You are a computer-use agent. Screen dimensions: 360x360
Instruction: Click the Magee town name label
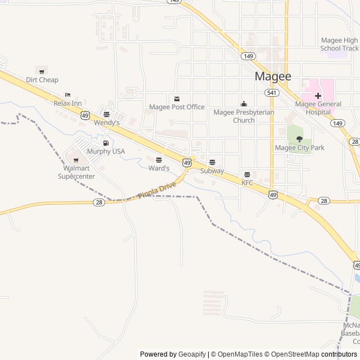[x=273, y=76]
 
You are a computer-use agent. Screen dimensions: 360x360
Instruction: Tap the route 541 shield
[x=272, y=92]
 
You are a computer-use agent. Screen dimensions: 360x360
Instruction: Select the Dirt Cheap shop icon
[x=42, y=70]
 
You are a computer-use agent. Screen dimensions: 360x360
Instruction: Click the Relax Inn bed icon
[x=68, y=94]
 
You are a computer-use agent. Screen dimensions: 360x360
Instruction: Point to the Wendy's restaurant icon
[x=106, y=114]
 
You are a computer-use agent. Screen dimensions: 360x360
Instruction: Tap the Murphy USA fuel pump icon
[x=106, y=143]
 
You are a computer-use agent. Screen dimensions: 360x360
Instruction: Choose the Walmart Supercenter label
[x=76, y=172]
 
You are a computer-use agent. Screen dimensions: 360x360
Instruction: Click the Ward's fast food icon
[x=159, y=160]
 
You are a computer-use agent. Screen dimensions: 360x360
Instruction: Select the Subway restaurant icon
[x=212, y=162]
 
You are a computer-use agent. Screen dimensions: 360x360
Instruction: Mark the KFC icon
[x=247, y=174]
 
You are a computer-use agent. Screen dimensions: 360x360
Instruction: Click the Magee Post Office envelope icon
[x=177, y=98]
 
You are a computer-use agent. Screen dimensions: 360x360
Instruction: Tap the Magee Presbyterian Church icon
[x=244, y=103]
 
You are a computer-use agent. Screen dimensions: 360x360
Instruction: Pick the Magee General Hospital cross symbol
[x=318, y=96]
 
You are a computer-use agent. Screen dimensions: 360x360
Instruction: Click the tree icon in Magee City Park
[x=299, y=138]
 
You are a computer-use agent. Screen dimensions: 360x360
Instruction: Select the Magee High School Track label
[x=339, y=44]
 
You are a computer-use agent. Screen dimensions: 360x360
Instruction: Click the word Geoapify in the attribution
[x=192, y=354]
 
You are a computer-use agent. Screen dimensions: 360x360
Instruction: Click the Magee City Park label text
[x=299, y=148]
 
